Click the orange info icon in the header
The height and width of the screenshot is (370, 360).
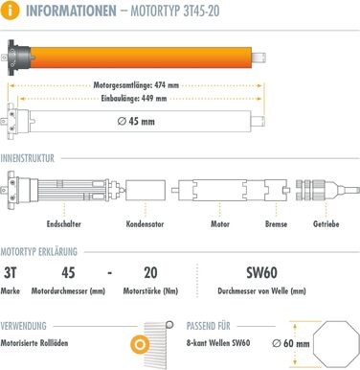pyautogui.click(x=11, y=11)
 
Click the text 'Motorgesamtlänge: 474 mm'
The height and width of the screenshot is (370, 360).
pyautogui.click(x=136, y=85)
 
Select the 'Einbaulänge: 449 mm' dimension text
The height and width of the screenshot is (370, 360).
pyautogui.click(x=134, y=99)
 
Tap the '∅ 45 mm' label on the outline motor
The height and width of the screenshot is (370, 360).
pyautogui.click(x=136, y=122)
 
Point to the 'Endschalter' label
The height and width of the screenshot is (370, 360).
pyautogui.click(x=64, y=224)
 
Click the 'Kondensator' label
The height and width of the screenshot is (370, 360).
pyautogui.click(x=145, y=224)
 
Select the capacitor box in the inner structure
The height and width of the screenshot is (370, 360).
pyautogui.click(x=146, y=191)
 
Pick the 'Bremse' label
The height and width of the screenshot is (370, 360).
pyautogui.click(x=276, y=224)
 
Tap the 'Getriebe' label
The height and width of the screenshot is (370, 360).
pyautogui.click(x=326, y=224)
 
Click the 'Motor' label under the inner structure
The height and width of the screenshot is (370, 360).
pyautogui.click(x=220, y=224)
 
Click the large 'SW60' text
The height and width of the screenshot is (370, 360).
pyautogui.click(x=261, y=272)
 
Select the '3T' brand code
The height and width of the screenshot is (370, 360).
pyautogui.click(x=11, y=273)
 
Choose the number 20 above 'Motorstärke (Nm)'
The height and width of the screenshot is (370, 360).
pyautogui.click(x=150, y=272)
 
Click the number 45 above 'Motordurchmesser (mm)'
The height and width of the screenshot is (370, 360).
pyautogui.click(x=68, y=273)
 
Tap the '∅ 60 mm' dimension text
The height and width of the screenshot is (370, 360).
pyautogui.click(x=291, y=343)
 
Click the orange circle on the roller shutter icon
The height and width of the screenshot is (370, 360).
pyautogui.click(x=140, y=345)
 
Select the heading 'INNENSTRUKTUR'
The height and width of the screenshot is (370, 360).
pyautogui.click(x=28, y=158)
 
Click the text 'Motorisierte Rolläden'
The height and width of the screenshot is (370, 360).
pyautogui.click(x=34, y=343)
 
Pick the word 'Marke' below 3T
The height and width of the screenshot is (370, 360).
pyautogui.click(x=11, y=291)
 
